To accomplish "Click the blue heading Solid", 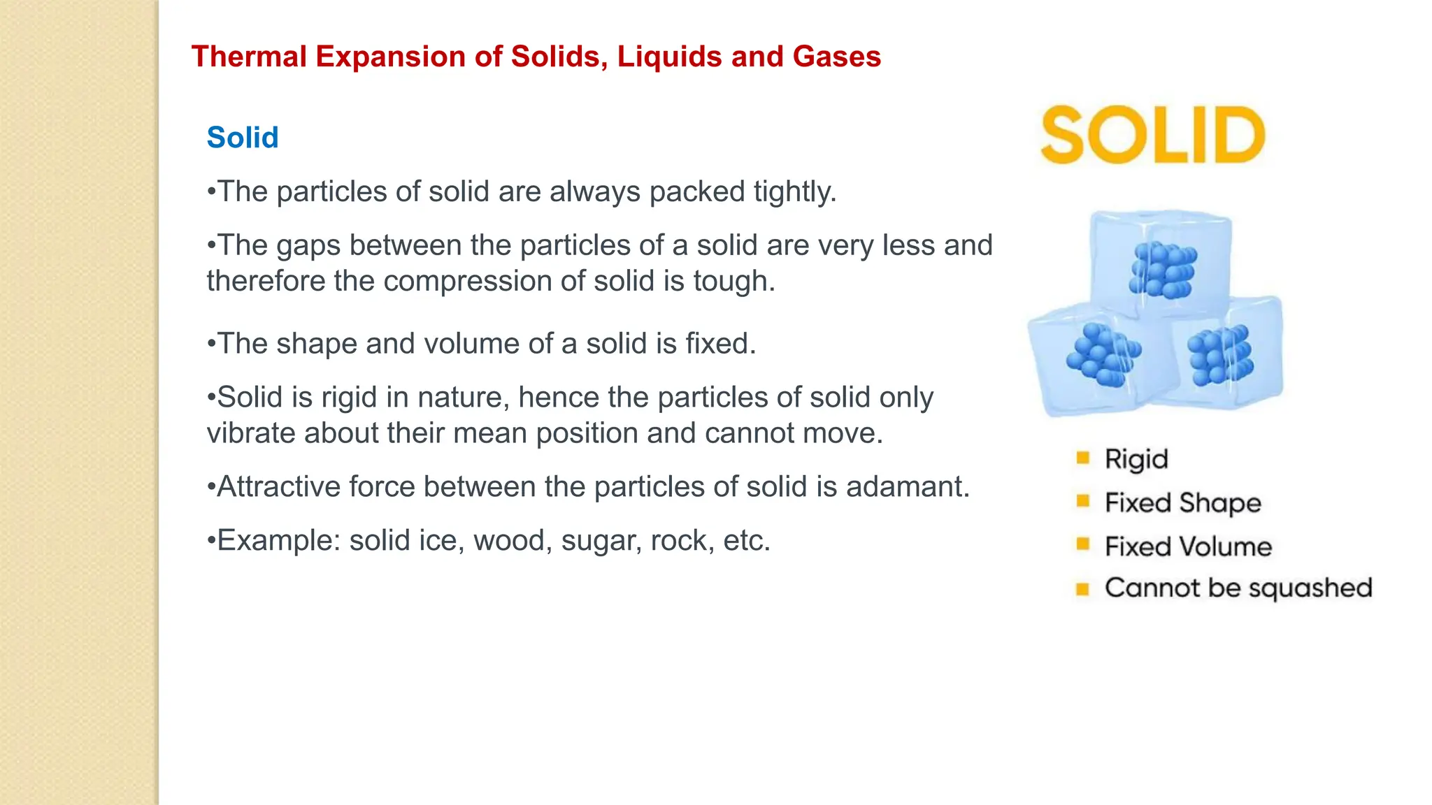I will (x=243, y=138).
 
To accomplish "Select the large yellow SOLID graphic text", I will (x=1153, y=136).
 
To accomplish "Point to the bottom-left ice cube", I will (x=1095, y=360).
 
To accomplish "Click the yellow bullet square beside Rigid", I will (x=1083, y=458).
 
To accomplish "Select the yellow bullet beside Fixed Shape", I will (x=1083, y=501).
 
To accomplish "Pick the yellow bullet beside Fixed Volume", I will (x=1083, y=544).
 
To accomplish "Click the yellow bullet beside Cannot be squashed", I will (x=1083, y=588).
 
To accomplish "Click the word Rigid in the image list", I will (x=1136, y=459).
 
